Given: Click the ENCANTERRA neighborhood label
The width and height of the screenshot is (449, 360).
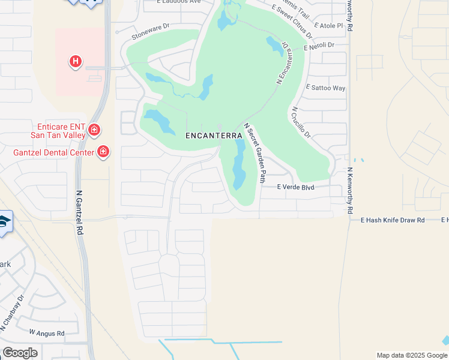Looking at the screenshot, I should coord(213,135).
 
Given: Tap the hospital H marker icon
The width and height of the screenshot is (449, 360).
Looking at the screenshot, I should coord(76,61).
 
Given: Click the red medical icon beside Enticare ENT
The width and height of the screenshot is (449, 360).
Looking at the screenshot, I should coord(94,130).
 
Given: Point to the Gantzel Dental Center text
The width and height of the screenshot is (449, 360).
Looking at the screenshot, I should coord(53,152).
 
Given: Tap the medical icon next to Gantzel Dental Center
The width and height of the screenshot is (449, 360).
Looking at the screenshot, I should coord(104,152).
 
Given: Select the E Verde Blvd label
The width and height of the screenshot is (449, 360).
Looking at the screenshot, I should coord(296,187).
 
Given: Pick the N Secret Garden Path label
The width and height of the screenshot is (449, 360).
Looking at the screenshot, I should coord(255,152).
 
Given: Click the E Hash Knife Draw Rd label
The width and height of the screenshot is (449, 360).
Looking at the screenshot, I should coord(393,220).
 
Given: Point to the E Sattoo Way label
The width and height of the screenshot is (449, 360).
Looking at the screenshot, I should coord(325,88).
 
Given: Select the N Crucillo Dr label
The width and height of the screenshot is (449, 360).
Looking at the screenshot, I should coord(300,123).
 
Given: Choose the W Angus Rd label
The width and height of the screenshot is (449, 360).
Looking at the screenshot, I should coord(47,331).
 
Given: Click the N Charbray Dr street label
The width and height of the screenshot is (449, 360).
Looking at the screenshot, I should coord(12,312).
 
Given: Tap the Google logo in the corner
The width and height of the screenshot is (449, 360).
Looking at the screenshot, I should coord(20,353).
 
